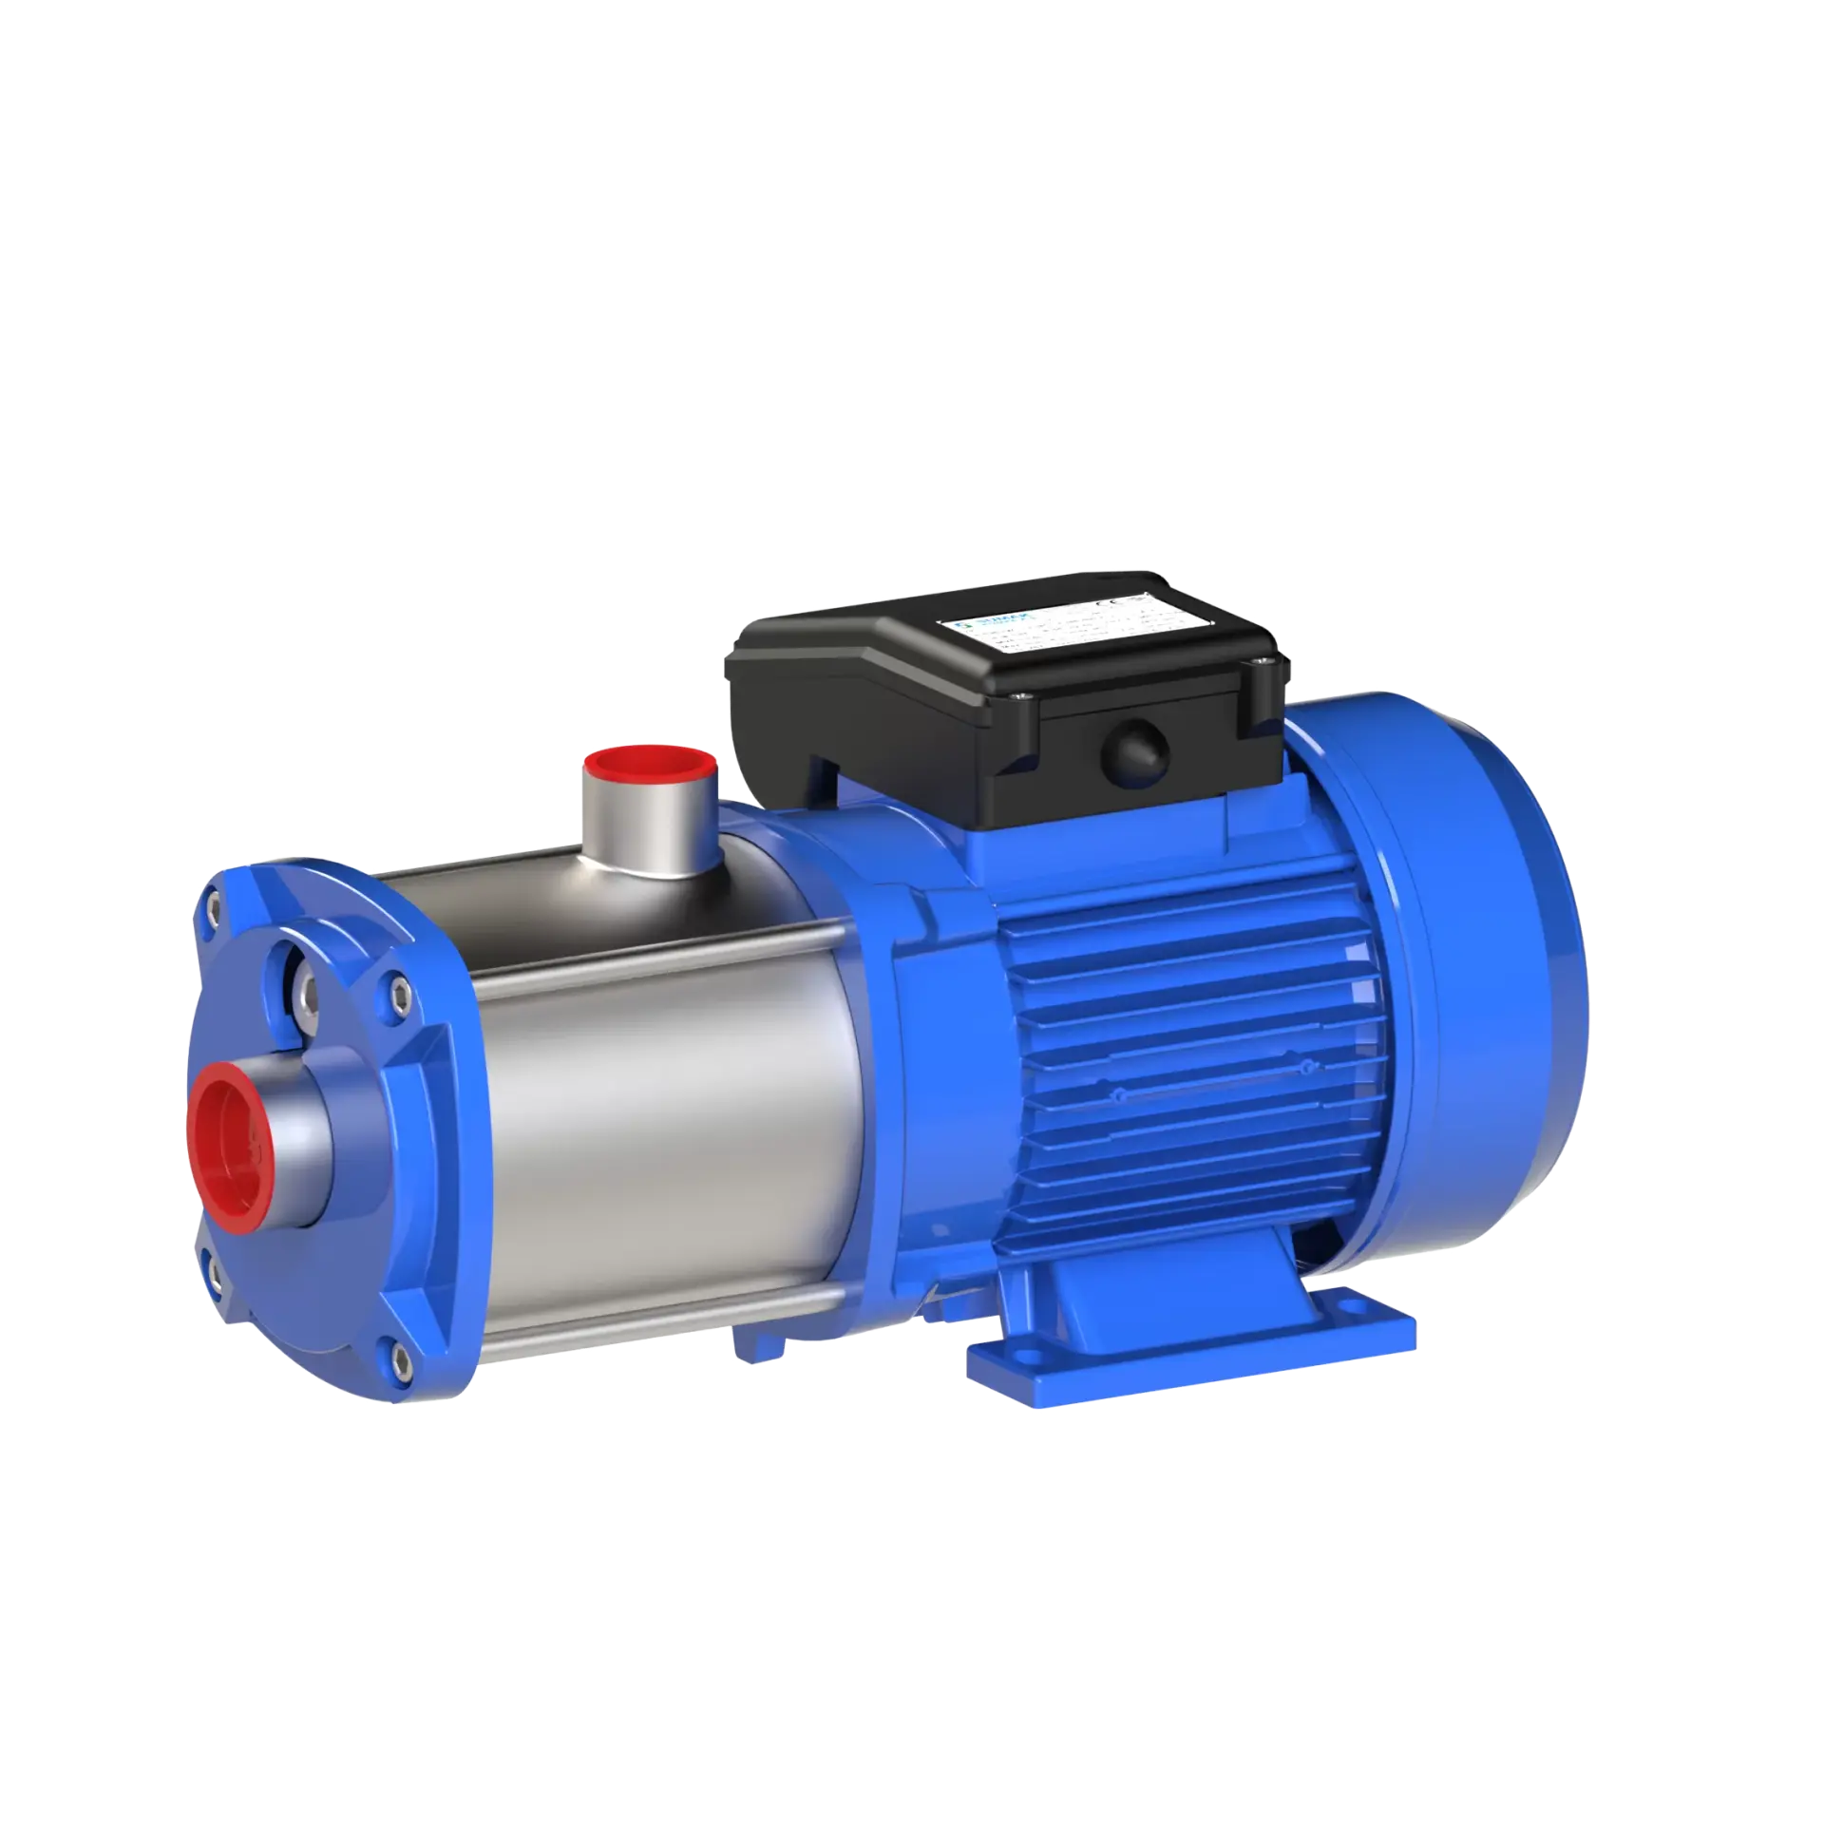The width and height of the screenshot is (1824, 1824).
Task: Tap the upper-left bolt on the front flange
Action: point(213,910)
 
